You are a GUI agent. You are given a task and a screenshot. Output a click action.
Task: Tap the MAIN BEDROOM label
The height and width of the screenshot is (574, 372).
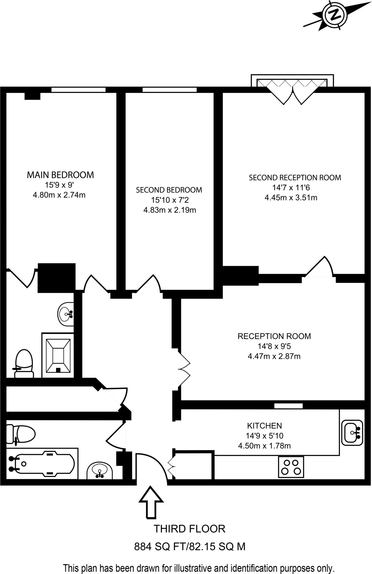click(x=60, y=175)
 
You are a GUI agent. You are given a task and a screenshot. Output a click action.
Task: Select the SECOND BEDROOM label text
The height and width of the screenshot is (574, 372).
click(x=169, y=190)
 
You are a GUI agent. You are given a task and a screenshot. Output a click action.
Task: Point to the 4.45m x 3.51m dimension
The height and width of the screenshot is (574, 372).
click(x=291, y=198)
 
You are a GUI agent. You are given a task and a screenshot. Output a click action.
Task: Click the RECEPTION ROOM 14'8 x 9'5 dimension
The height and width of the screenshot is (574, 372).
click(x=274, y=346)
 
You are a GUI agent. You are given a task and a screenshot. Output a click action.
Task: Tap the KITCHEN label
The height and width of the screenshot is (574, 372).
click(x=264, y=426)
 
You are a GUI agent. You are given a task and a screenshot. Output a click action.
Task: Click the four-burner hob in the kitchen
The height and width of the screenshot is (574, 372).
click(x=291, y=467)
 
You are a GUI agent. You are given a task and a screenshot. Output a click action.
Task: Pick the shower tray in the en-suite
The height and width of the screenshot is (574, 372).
click(x=58, y=355)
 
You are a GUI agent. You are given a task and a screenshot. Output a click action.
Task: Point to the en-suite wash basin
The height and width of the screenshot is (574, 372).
click(x=66, y=314)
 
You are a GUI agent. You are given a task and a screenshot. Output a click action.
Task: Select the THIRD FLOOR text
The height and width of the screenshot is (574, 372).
click(x=189, y=529)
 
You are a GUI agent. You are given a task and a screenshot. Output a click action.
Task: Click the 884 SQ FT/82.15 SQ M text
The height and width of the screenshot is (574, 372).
click(x=189, y=547)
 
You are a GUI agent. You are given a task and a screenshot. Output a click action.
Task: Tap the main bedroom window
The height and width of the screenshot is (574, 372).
click(x=78, y=90)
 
